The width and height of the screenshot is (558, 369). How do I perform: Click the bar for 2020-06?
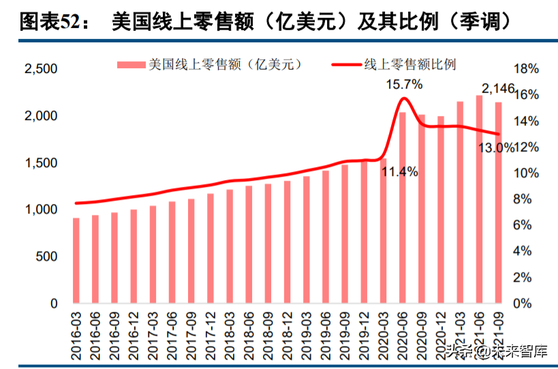point(402,207)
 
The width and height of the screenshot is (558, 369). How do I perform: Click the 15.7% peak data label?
point(404,85)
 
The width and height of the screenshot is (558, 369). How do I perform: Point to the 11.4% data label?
point(399,173)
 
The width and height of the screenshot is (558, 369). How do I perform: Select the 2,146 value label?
point(498,89)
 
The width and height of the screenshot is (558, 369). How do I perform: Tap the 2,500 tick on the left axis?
point(40,69)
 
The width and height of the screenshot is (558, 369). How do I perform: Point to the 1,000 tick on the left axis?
point(40,209)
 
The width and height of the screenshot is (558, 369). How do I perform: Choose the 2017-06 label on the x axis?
point(172,334)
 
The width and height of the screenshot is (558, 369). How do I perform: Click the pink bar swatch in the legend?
point(131,65)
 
